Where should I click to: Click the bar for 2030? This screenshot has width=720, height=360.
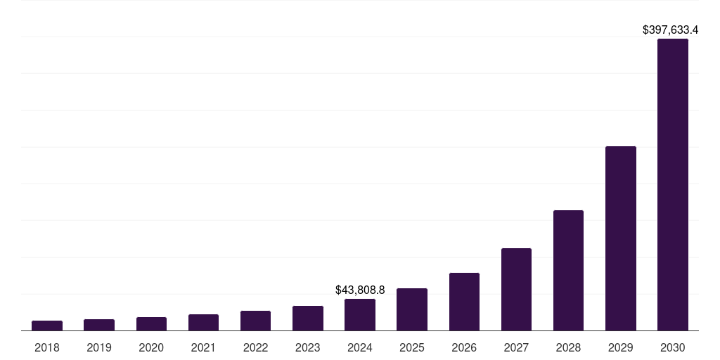point(672,184)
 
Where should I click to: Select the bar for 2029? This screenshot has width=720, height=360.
point(620,238)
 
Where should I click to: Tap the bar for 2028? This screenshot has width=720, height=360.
point(568,270)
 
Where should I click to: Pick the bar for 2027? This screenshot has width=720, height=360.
point(516,289)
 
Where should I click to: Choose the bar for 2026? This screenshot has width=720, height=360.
point(464,302)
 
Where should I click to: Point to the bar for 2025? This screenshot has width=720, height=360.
point(412,309)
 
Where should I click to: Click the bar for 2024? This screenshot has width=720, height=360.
point(360,314)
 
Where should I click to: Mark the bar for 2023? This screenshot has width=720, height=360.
point(308,318)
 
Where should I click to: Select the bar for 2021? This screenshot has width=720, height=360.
point(203,322)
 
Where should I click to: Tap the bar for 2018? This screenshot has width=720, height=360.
point(47,326)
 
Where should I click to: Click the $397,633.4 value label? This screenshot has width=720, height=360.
point(670,30)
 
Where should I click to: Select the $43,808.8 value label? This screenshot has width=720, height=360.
point(360,290)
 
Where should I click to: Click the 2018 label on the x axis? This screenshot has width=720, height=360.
point(47,347)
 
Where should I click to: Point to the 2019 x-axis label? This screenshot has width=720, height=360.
point(99,347)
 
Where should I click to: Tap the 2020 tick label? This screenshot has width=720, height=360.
point(151,347)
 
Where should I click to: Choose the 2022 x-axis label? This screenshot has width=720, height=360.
point(255,347)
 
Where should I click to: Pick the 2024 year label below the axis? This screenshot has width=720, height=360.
point(360,347)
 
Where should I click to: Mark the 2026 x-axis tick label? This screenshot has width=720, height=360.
point(464,347)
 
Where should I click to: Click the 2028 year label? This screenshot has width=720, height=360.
point(568,347)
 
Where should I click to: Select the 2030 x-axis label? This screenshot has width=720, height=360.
point(672,347)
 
